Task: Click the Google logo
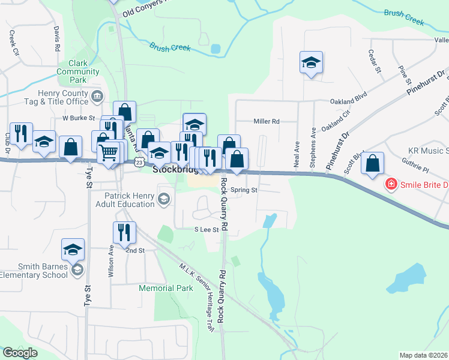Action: [20, 353]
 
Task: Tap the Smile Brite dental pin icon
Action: [391, 184]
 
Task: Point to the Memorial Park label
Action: [166, 288]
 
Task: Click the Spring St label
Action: [244, 190]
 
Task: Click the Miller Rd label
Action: [267, 121]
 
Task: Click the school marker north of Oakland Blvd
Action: [311, 63]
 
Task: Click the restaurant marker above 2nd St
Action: [124, 232]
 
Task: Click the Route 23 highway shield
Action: [139, 162]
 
